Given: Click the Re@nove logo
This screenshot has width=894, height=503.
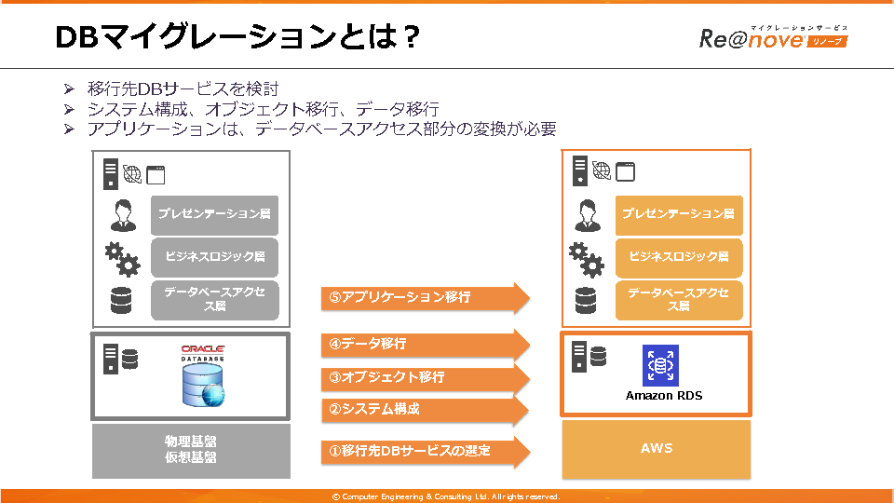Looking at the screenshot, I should pyautogui.click(x=773, y=38).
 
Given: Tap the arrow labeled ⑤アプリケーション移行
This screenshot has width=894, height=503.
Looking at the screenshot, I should pyautogui.click(x=424, y=298).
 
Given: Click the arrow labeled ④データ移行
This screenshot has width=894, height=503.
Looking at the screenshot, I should pyautogui.click(x=424, y=344).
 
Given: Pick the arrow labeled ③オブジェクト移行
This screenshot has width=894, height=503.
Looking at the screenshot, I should pyautogui.click(x=424, y=377).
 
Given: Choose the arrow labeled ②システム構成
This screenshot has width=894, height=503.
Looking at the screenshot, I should pyautogui.click(x=424, y=409).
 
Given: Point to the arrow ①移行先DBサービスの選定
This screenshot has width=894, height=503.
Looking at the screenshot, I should pyautogui.click(x=424, y=451).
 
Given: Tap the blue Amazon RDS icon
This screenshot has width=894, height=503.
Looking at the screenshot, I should pyautogui.click(x=661, y=365).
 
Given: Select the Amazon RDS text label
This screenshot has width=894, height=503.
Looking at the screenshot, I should pyautogui.click(x=664, y=396).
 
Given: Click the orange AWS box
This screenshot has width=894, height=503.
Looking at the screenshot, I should pyautogui.click(x=657, y=449).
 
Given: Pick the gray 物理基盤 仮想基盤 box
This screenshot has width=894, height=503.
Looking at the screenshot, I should pyautogui.click(x=191, y=450).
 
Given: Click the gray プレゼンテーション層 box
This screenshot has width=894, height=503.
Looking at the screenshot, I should pyautogui.click(x=215, y=214).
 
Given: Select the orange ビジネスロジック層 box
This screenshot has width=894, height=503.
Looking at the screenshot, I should pyautogui.click(x=679, y=257).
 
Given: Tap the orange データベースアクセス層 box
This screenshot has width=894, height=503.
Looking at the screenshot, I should pyautogui.click(x=679, y=299).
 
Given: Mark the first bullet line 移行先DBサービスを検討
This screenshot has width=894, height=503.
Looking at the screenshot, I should pyautogui.click(x=183, y=88).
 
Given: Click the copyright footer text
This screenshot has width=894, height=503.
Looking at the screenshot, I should pyautogui.click(x=446, y=496).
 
